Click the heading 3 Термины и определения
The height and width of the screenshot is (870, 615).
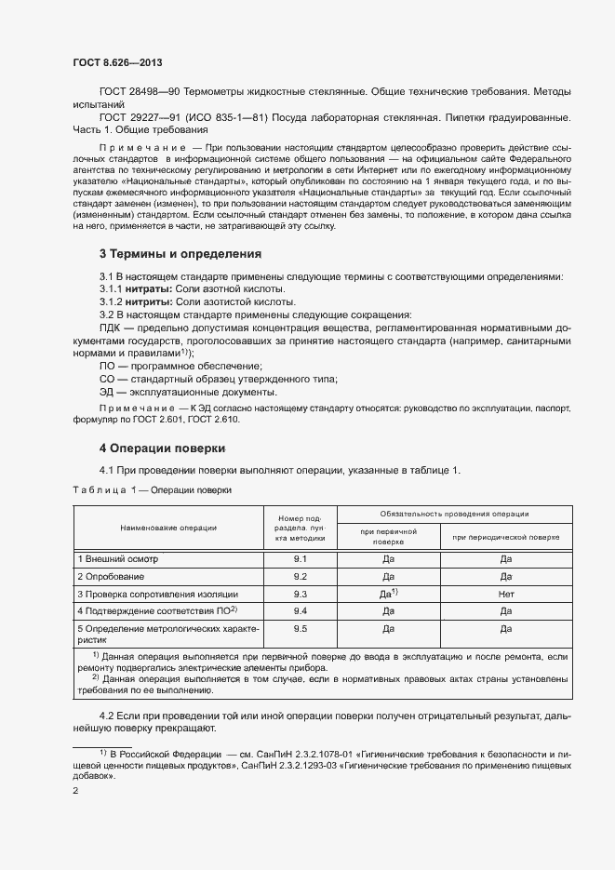(180, 253)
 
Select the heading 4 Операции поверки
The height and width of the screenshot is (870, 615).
(162, 448)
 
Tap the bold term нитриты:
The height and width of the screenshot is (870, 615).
(149, 301)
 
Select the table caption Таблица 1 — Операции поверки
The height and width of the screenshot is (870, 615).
(153, 489)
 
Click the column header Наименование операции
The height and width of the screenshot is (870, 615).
(168, 528)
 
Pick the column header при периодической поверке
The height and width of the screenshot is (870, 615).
(506, 537)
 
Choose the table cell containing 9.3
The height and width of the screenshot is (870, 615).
(300, 593)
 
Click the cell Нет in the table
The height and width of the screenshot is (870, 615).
(506, 593)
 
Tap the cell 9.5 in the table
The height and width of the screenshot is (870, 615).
(300, 629)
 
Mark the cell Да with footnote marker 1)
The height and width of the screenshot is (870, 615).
(389, 593)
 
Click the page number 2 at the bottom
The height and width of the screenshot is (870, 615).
(75, 791)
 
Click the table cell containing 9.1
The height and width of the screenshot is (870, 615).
(300, 559)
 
